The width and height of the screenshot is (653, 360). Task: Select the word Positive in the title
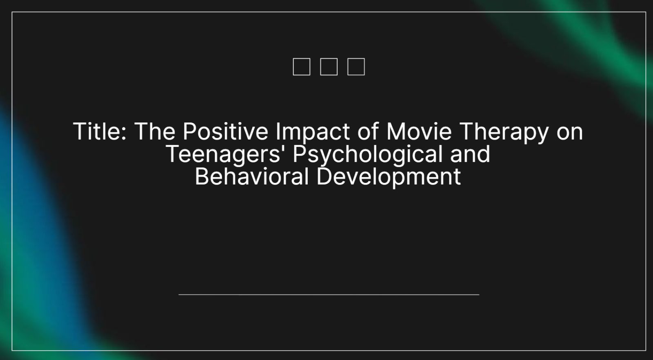pos(225,131)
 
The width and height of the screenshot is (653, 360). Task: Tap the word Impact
pos(313,133)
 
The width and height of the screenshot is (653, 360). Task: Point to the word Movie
pos(419,131)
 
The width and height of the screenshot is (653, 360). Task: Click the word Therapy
pos(504,133)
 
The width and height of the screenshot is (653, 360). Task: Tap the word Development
pos(389,178)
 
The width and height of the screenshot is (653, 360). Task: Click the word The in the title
pos(155,131)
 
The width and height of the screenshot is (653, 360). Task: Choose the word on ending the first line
pos(570,134)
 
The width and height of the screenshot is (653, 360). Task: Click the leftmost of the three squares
pos(302,67)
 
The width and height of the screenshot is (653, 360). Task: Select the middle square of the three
pos(329,67)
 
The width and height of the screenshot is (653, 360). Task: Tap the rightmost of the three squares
pos(356,67)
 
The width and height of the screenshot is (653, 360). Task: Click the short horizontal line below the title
pos(329,295)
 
